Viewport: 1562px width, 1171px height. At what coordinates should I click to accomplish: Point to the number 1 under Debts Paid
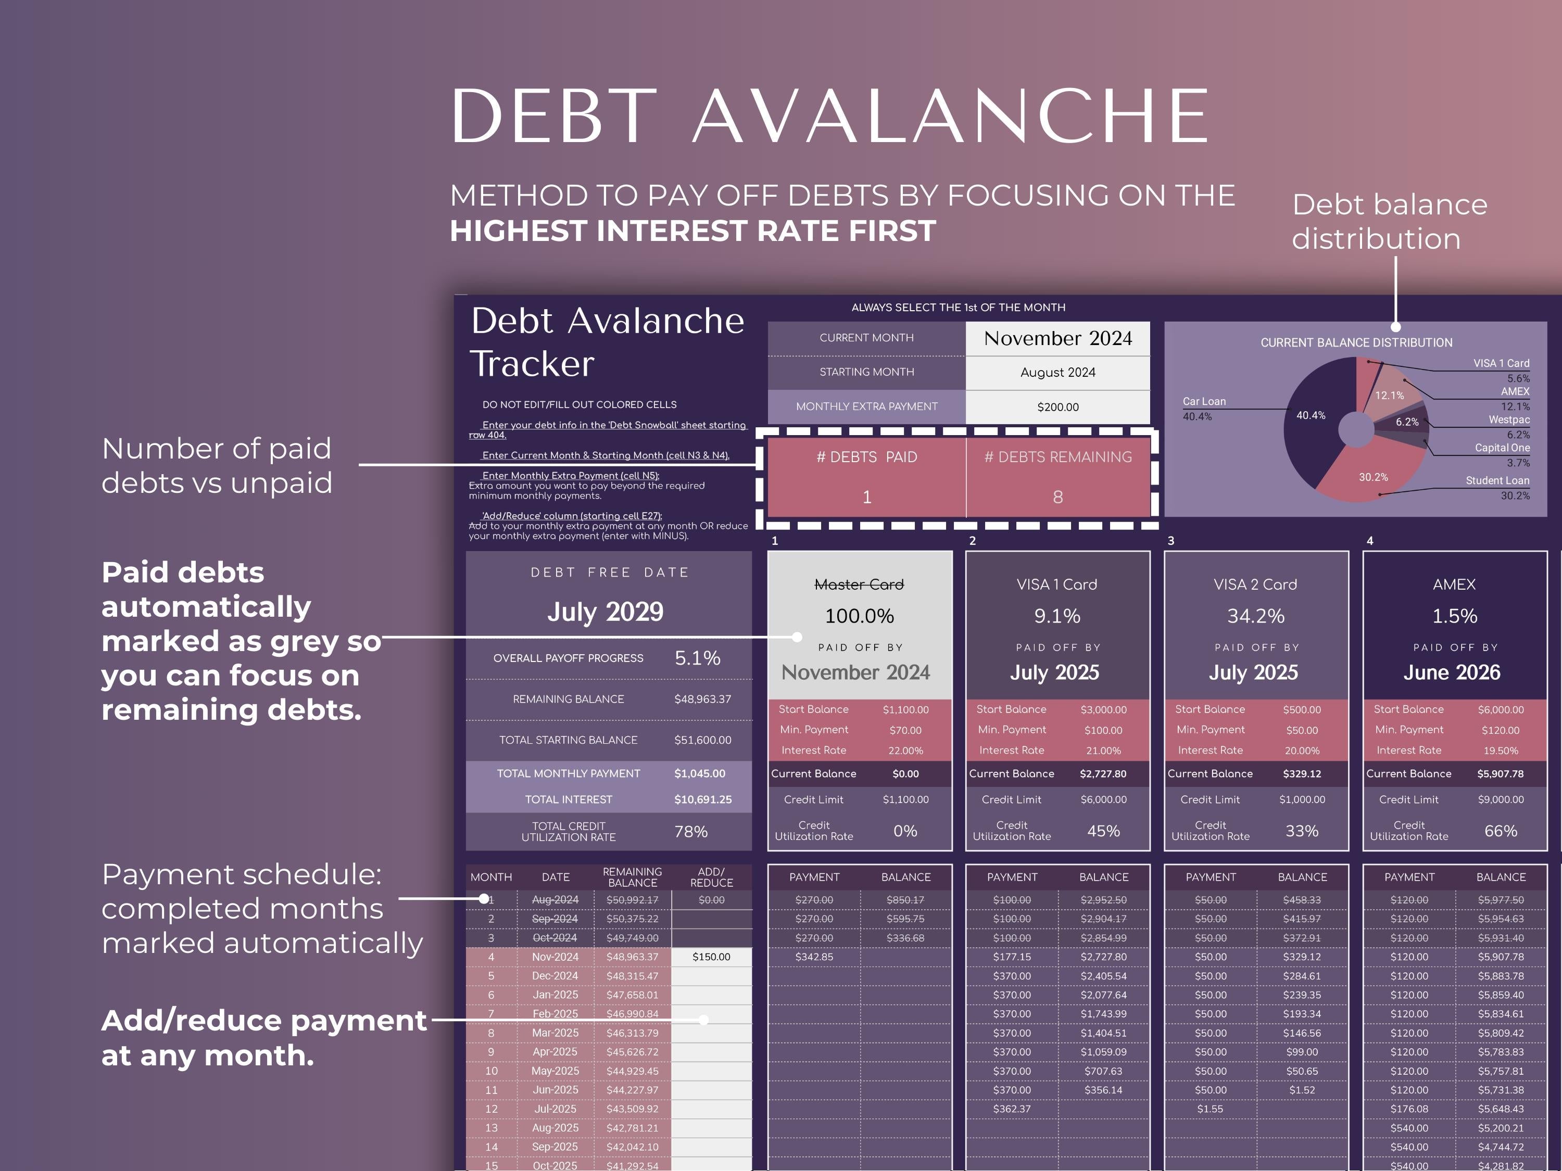tap(866, 497)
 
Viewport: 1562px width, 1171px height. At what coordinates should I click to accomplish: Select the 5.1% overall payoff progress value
tap(697, 658)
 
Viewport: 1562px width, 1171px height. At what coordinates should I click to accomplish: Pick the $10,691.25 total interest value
tap(702, 800)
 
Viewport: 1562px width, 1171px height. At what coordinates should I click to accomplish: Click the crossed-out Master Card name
tap(859, 584)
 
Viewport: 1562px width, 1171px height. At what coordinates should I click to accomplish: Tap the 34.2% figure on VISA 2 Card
tap(1255, 616)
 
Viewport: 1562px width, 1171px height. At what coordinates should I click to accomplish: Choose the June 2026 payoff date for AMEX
tap(1451, 672)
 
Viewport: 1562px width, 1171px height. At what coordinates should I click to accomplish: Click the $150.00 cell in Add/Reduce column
tap(711, 957)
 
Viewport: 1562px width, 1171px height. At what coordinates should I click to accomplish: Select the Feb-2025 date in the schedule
tap(555, 1014)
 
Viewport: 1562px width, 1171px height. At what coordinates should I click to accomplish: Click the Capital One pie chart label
tap(1502, 448)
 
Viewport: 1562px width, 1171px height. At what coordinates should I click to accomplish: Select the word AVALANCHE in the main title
tap(950, 117)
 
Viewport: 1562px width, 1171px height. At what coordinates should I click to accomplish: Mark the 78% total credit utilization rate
tap(690, 832)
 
